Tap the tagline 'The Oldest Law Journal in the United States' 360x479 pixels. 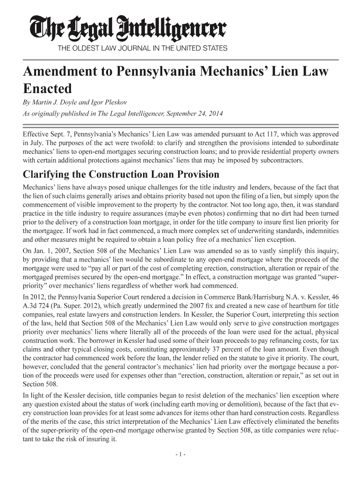(x=142, y=48)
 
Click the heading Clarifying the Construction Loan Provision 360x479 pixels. (x=121, y=174)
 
